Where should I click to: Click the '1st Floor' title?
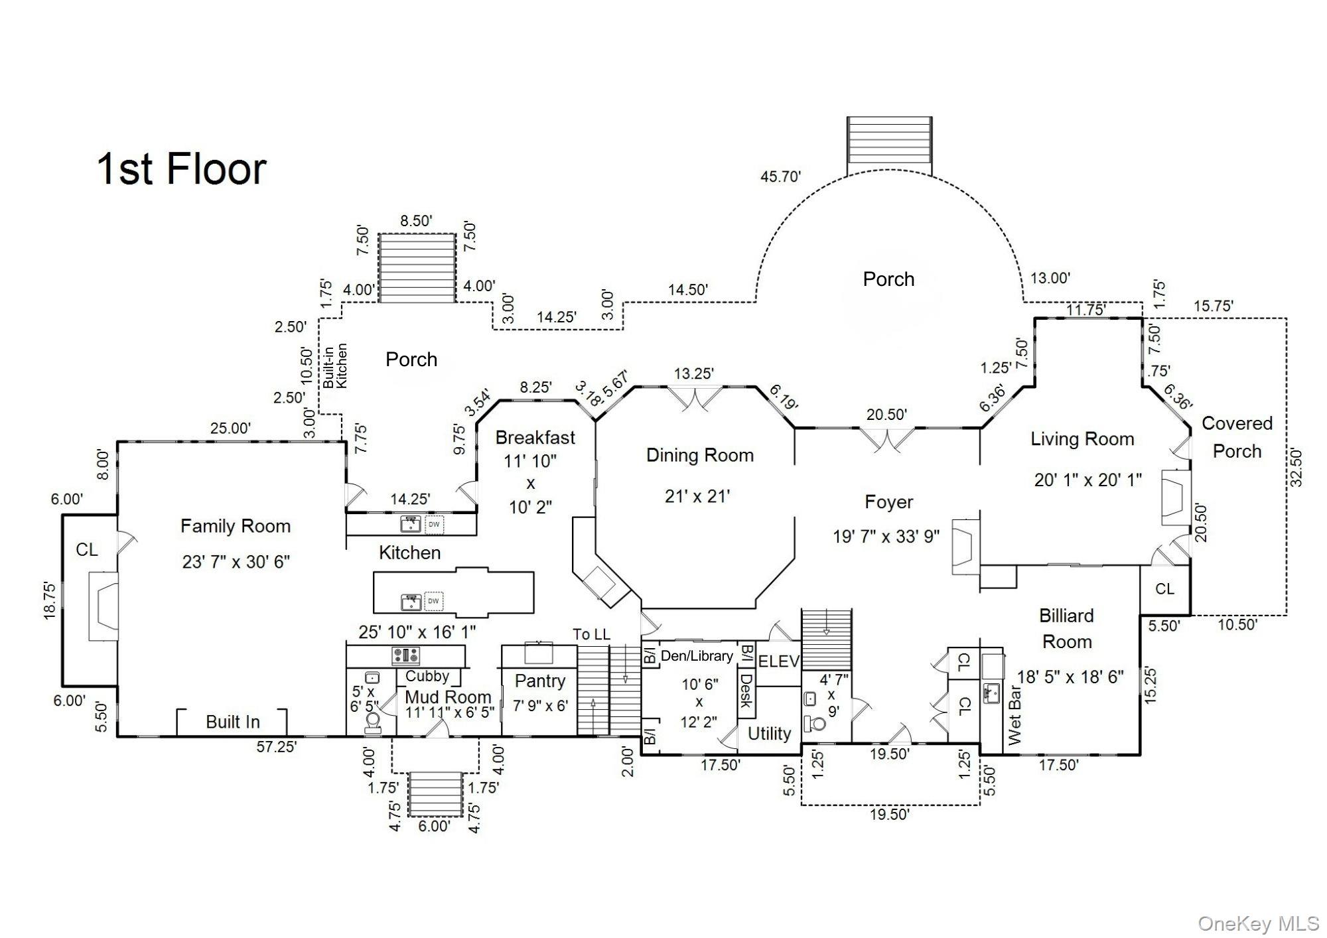tap(182, 168)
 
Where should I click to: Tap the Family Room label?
tap(236, 526)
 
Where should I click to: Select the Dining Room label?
tap(700, 455)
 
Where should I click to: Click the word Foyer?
tap(888, 502)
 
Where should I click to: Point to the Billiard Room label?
tap(1066, 628)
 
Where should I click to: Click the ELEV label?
tap(778, 661)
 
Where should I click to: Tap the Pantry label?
tap(540, 681)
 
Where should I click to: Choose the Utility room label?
tap(769, 733)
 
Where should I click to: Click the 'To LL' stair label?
tap(592, 634)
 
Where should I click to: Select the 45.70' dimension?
tap(781, 176)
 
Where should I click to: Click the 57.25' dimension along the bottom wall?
tap(277, 747)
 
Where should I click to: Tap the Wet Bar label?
tap(1014, 711)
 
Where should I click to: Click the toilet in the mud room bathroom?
tap(372, 722)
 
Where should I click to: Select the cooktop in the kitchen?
tap(405, 656)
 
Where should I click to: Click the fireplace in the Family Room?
tap(104, 606)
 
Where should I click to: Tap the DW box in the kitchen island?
tap(433, 601)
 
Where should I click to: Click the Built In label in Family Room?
tap(232, 722)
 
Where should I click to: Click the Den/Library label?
tap(697, 656)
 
